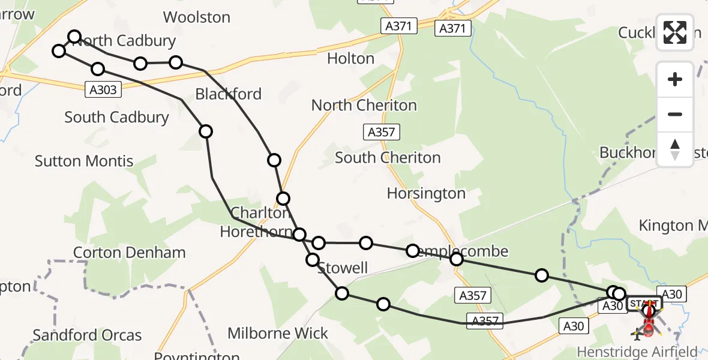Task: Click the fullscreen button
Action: coord(675,32)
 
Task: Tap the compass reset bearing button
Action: coord(675,149)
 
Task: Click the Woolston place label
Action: coord(197,17)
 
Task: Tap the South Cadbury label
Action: coord(116,117)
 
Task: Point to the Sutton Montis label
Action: coord(84,161)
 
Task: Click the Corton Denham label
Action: coord(130,253)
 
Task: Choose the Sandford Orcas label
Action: coord(88,335)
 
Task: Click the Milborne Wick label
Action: coord(278,333)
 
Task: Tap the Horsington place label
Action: coord(426,193)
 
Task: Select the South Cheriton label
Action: coord(388,158)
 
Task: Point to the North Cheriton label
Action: coord(364,105)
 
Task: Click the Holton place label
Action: coord(351,58)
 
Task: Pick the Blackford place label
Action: coord(229,94)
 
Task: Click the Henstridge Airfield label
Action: coord(638,352)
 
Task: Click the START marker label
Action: coord(644,304)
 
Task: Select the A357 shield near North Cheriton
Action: coord(382,132)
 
